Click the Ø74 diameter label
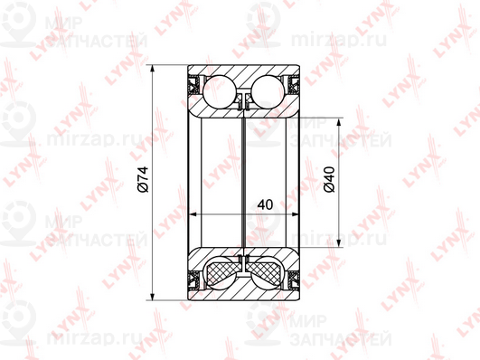click(143, 179)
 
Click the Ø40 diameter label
click(329, 179)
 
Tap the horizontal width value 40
click(265, 204)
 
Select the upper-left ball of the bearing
click(220, 91)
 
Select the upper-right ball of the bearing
click(268, 91)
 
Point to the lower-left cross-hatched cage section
click(222, 271)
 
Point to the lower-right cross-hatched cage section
click(265, 271)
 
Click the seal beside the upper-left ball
click(194, 85)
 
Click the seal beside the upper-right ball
click(293, 85)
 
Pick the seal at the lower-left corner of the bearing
click(194, 280)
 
